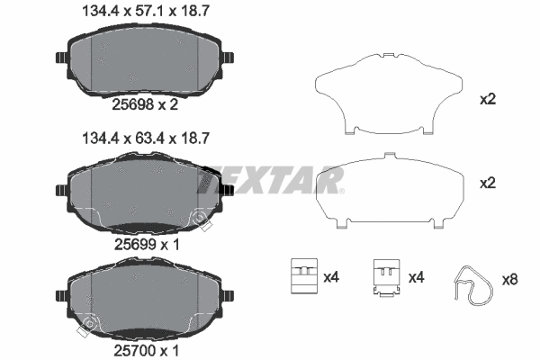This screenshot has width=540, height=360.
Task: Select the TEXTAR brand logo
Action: coord(270,180)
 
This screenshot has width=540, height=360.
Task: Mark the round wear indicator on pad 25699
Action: coord(199,217)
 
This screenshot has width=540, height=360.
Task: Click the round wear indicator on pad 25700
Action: coord(87,324)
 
